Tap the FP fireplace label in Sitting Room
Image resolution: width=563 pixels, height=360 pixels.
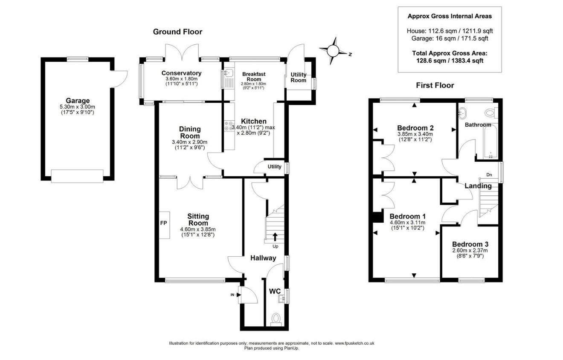pyautogui.click(x=163, y=223)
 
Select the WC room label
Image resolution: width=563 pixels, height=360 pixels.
pyautogui.click(x=274, y=291)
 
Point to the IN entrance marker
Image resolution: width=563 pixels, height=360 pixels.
pyautogui.click(x=233, y=295)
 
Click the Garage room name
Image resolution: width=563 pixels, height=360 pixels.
pyautogui.click(x=78, y=101)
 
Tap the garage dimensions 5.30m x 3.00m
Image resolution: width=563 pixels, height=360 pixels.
pyautogui.click(x=78, y=107)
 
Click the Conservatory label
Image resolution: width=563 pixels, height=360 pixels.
pyautogui.click(x=181, y=73)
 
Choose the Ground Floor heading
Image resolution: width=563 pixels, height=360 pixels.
pyautogui.click(x=177, y=32)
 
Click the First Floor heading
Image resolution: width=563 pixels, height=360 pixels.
pyautogui.click(x=435, y=85)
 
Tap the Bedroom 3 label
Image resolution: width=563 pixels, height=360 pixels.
pyautogui.click(x=470, y=244)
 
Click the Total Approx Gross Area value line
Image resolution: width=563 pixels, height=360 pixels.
pyautogui.click(x=450, y=61)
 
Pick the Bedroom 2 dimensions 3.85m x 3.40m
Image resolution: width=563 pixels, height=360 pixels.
pyautogui.click(x=415, y=134)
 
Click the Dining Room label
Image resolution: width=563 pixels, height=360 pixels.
pyautogui.click(x=190, y=132)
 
